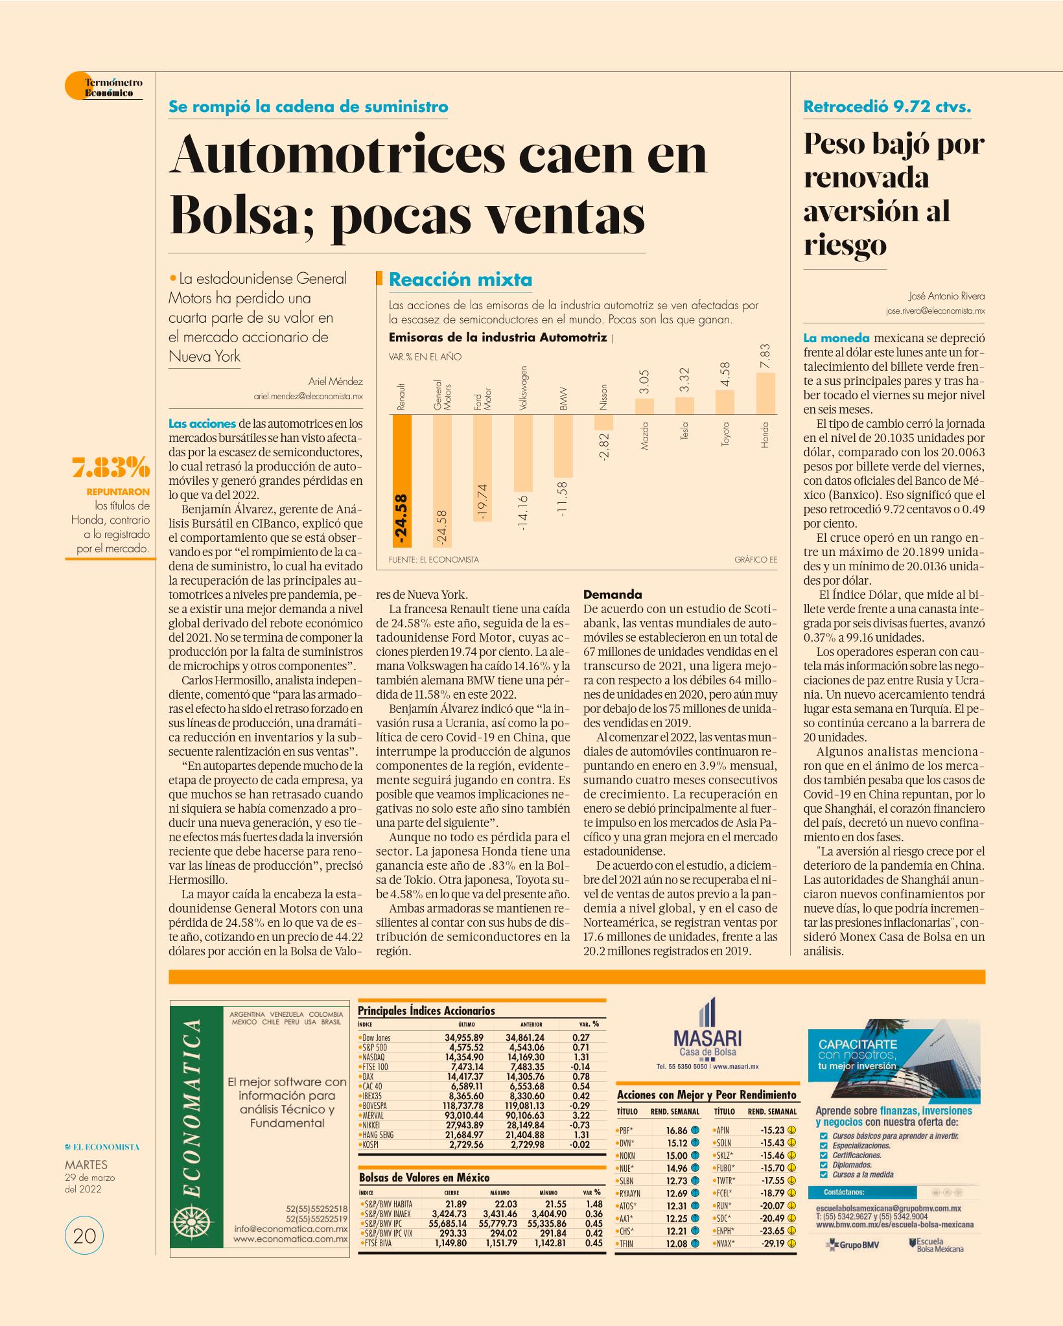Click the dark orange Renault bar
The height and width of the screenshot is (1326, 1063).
click(402, 480)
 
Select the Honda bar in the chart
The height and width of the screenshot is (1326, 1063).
click(765, 393)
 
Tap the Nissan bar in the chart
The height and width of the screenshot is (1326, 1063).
click(604, 423)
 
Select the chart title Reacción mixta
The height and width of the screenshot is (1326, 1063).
click(460, 280)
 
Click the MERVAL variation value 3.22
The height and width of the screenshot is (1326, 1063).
click(581, 1115)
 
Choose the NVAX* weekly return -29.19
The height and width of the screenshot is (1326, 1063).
click(772, 1243)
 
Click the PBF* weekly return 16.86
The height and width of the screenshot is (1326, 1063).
click(677, 1130)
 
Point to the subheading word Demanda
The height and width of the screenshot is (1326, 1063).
click(613, 594)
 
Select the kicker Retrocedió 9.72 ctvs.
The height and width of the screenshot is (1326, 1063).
click(887, 107)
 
